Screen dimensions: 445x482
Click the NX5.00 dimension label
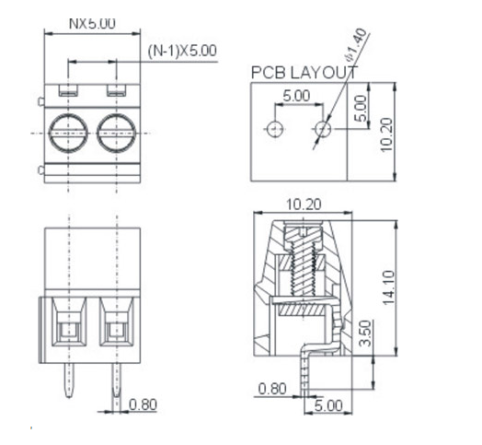click(92, 23)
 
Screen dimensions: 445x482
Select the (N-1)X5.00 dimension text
click(182, 51)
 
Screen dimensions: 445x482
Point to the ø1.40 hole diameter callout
click(353, 41)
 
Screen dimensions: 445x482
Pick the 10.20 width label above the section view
click(302, 204)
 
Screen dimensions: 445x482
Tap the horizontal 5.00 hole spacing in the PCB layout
click(295, 95)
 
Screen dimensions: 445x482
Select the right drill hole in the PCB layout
click(321, 130)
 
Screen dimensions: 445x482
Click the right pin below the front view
click(117, 381)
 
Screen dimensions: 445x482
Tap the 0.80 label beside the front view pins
click(143, 404)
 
